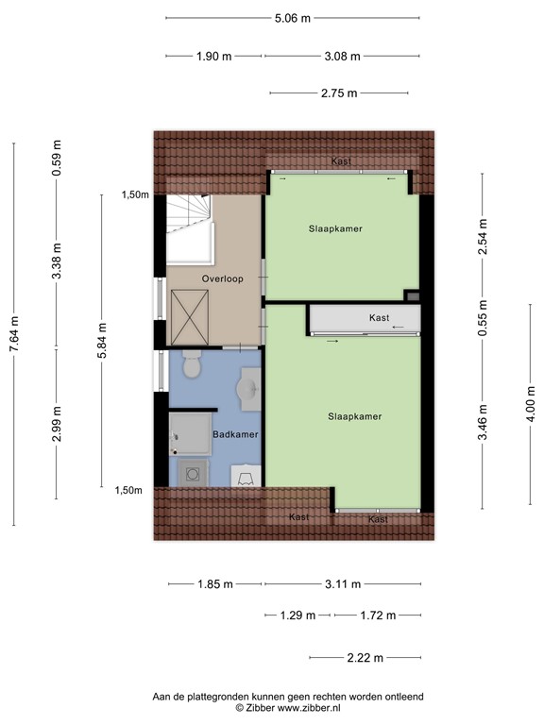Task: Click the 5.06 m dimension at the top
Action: click(292, 18)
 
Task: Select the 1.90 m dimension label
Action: click(214, 56)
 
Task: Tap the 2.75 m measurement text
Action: click(339, 93)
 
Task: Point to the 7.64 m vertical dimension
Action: click(13, 334)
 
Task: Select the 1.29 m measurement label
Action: click(297, 615)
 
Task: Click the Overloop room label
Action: click(221, 279)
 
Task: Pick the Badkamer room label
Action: click(236, 434)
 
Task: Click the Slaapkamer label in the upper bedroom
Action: click(335, 228)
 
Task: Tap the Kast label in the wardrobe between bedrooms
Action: click(379, 317)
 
